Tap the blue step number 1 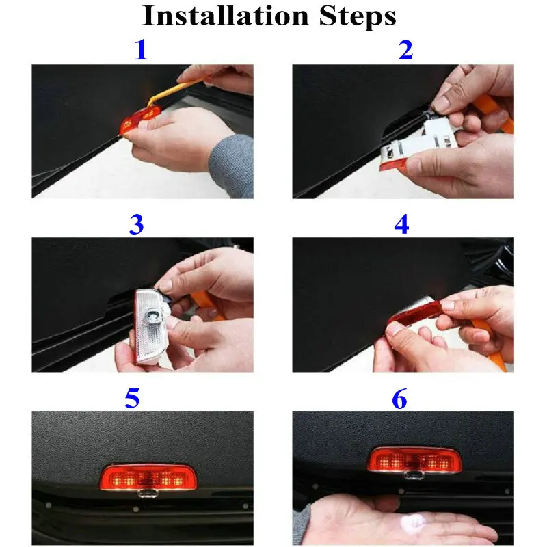[x=142, y=50]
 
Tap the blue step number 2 [x=405, y=50]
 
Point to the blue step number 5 [x=132, y=398]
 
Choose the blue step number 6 [x=399, y=398]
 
